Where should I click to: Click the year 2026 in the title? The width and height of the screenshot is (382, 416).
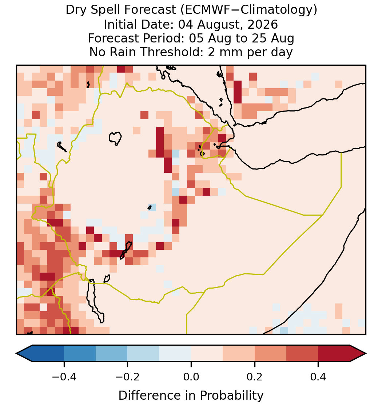point(263,24)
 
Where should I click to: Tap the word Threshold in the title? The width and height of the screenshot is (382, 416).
point(172,52)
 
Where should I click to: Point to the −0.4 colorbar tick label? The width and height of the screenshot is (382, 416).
point(64,376)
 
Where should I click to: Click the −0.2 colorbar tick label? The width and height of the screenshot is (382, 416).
point(127,376)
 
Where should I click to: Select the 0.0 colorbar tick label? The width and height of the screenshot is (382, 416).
point(191,376)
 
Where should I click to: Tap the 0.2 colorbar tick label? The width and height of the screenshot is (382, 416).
point(254,376)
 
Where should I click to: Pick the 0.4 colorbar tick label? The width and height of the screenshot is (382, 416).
point(318,376)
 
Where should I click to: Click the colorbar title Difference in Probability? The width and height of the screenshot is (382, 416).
point(191,395)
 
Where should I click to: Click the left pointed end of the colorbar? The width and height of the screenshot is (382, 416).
point(16,354)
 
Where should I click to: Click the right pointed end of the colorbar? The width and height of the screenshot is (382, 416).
point(366,354)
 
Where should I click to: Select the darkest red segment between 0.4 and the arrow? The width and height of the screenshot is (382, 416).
point(334,354)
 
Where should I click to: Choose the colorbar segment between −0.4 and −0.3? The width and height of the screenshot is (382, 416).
point(80,354)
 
